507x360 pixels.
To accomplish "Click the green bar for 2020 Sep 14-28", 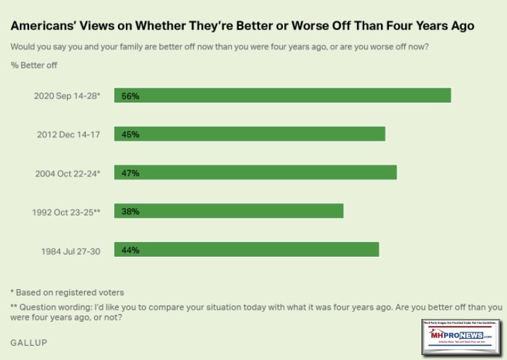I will coord(283,95).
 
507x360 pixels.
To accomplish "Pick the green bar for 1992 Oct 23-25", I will coord(229,211).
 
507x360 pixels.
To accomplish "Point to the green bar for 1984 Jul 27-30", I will coord(247,250).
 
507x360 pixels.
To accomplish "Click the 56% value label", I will coord(130,95).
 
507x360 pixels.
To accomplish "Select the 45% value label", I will coord(130,134).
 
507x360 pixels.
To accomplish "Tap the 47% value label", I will coord(130,173).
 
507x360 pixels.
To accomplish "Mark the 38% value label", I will coord(130,211).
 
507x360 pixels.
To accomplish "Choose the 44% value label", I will coord(130,250).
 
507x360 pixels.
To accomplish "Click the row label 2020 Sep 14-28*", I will coord(71,95).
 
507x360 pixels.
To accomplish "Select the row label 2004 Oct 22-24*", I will coord(72,173).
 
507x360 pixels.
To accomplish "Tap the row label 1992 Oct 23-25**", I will coord(70,211).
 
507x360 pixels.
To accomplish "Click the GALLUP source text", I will coord(29,342).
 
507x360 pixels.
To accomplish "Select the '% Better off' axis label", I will coord(34,66).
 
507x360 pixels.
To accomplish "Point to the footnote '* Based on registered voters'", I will coord(67,291).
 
